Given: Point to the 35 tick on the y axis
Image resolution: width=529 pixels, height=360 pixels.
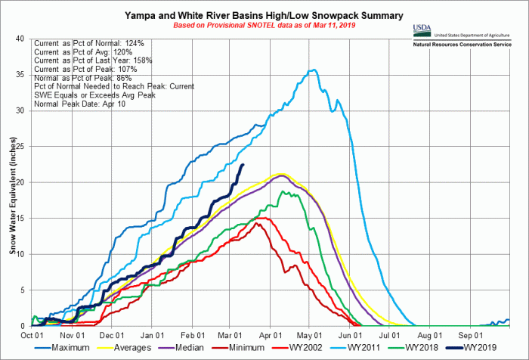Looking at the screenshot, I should [23, 74].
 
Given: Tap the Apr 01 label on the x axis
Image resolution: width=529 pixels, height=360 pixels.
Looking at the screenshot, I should [271, 334].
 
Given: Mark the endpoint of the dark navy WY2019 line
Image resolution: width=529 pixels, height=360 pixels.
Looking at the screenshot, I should [243, 164].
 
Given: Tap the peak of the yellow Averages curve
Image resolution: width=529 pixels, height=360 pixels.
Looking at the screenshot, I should [281, 174].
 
